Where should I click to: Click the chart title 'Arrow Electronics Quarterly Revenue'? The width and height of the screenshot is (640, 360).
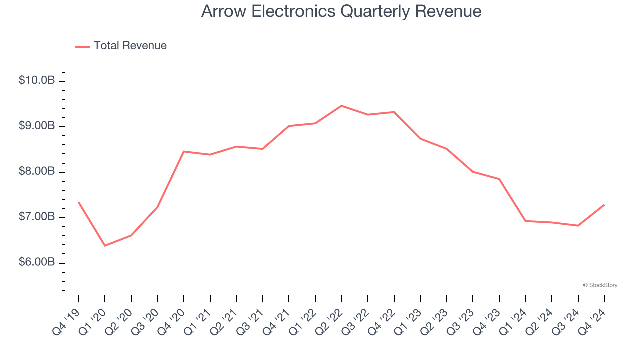[341, 11]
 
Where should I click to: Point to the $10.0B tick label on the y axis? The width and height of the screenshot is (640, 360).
[37, 80]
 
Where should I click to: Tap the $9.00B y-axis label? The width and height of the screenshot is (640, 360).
[37, 126]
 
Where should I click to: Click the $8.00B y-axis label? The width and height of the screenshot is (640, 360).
[37, 171]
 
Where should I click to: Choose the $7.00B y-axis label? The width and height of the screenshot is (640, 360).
[37, 217]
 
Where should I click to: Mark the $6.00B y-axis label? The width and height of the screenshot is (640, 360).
[37, 262]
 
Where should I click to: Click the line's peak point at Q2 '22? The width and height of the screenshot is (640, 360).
[341, 106]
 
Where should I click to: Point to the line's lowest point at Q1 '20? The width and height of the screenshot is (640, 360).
[105, 246]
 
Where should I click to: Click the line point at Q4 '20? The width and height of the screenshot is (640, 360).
[184, 151]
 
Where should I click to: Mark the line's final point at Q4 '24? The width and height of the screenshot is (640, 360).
[604, 205]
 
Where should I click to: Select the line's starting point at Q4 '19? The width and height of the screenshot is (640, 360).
[79, 203]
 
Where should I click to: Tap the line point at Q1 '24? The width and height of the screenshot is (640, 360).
[525, 221]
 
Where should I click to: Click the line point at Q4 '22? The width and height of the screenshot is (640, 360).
[394, 112]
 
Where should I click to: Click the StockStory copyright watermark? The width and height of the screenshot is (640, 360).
[600, 285]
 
